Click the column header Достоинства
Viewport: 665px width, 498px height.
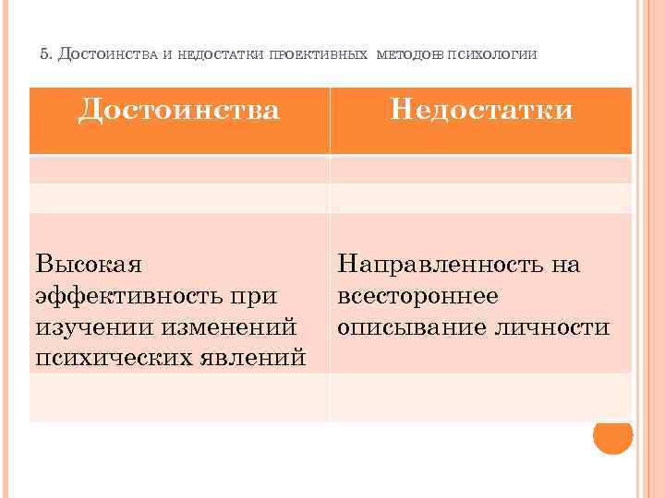click(x=179, y=111)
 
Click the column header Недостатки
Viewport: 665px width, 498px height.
click(x=481, y=111)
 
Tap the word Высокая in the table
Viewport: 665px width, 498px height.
click(x=89, y=266)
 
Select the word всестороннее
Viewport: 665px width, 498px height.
click(x=417, y=296)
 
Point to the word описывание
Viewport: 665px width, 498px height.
click(x=407, y=326)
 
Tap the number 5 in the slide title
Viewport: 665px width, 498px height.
click(x=45, y=54)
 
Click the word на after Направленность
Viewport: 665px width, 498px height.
click(x=564, y=266)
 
